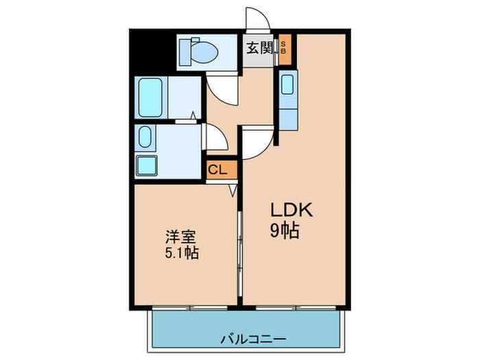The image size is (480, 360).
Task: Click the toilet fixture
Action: pyautogui.click(x=199, y=50)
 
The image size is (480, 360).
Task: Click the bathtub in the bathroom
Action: pyautogui.click(x=149, y=97)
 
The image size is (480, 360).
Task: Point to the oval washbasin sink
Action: pyautogui.click(x=145, y=137)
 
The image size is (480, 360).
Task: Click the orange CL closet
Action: pyautogui.click(x=219, y=169)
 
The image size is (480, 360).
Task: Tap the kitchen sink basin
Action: pyautogui.click(x=287, y=85)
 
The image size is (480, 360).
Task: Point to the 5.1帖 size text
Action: pyautogui.click(x=181, y=254)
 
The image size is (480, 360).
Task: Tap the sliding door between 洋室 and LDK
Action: pyautogui.click(x=239, y=247)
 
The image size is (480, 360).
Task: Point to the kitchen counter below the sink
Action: pyautogui.click(x=287, y=113)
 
